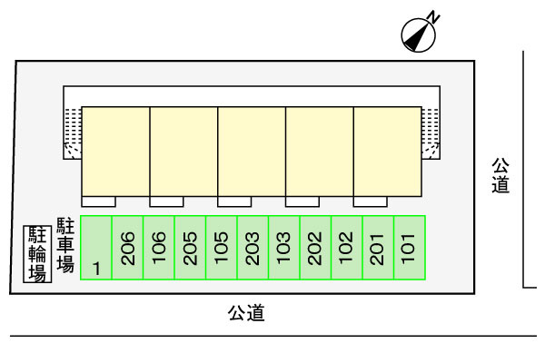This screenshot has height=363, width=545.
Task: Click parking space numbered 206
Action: pos(128,248)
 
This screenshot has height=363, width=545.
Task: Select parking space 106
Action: pos(159,248)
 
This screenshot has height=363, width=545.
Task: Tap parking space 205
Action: pos(190,248)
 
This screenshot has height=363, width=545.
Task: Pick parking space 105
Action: pos(222,248)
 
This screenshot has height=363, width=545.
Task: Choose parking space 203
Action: pos(253,248)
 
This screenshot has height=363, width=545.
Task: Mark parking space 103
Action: pos(284,248)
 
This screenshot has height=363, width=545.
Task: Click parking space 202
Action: pos(315,248)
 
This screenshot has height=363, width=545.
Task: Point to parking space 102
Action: pos(347,248)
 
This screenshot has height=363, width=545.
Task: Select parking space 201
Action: pos(378,248)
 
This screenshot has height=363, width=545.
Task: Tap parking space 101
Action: pos(410,248)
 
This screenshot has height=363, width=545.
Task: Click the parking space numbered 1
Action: pos(96,248)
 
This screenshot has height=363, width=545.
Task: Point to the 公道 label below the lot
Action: pos(245,314)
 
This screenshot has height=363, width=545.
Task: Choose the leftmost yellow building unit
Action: pos(115,149)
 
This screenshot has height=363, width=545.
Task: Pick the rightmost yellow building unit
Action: pos(387,149)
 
